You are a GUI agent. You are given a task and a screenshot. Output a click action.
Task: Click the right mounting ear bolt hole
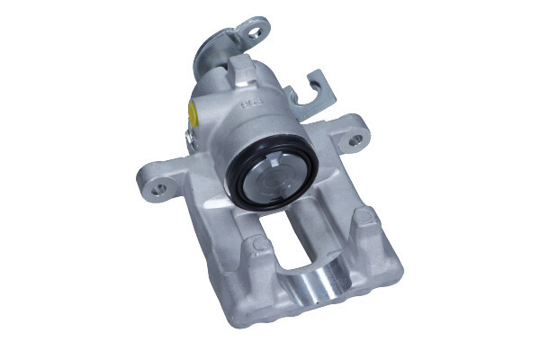(x=357, y=140)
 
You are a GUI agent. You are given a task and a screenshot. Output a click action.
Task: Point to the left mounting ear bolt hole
(x=159, y=189)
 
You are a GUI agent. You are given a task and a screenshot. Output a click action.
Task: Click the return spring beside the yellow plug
(x=188, y=139)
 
